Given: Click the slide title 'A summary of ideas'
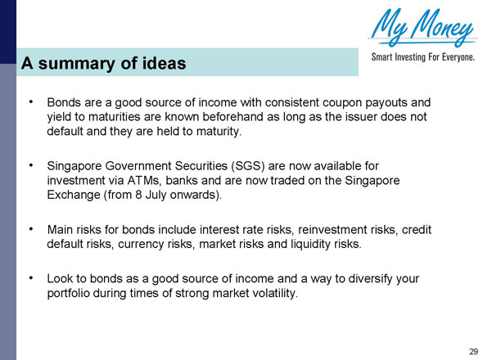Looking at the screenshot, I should coord(104,63).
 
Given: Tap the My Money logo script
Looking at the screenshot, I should coord(422,29).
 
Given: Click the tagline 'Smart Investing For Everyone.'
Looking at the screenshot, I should coord(423,58).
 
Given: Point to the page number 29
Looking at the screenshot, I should coord(472,351).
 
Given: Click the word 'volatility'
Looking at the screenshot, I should coord(266,293).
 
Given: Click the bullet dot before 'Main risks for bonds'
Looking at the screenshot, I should coord(30,228).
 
